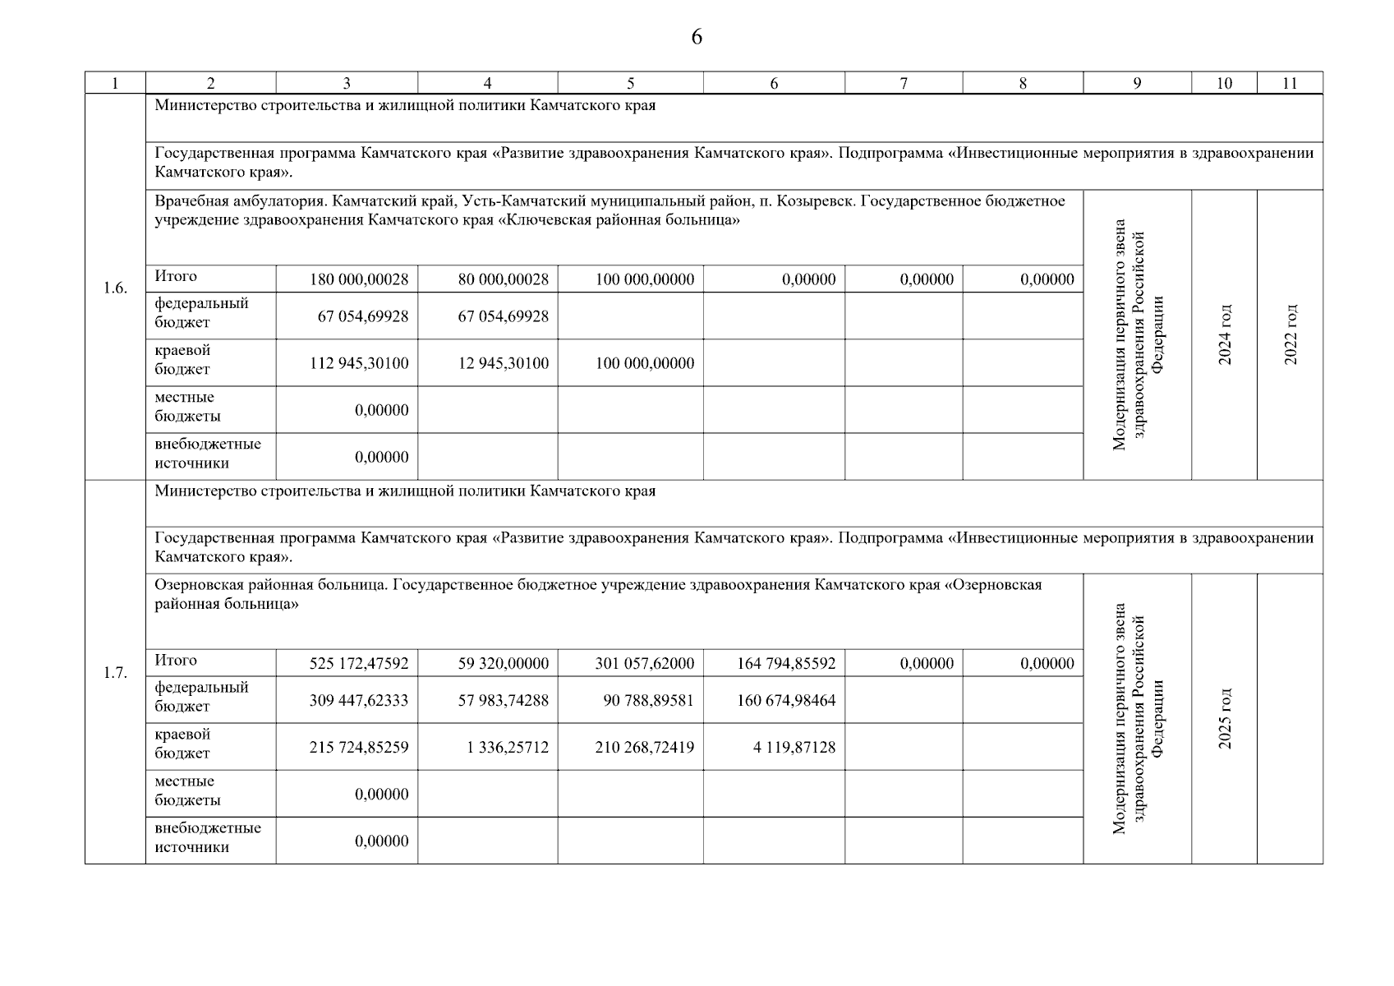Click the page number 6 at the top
697,38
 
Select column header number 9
1137,83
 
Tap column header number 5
630,83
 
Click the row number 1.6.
115,288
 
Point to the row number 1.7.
115,673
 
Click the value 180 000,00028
359,279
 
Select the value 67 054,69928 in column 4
503,316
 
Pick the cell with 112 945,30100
359,363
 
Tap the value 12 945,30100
503,363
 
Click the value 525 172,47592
359,663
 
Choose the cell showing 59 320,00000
503,663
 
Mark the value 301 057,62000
644,663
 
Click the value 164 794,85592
786,663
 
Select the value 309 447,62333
359,701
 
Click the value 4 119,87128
794,748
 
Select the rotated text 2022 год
1290,334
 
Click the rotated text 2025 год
1225,718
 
